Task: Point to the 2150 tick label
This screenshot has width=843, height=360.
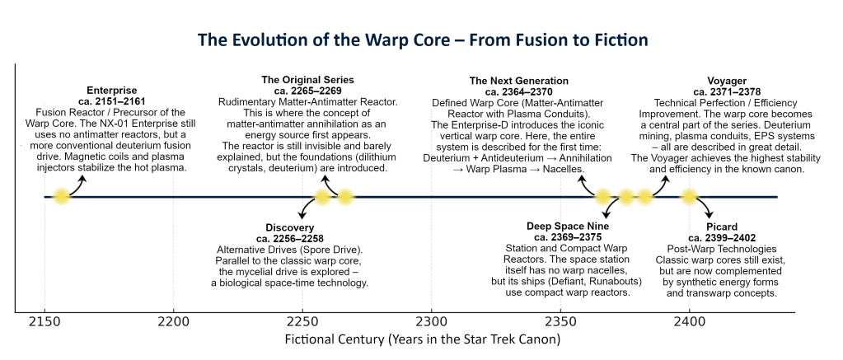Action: click(x=44, y=320)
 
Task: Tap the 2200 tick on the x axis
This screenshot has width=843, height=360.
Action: click(x=173, y=320)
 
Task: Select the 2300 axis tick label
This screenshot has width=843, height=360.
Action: click(x=431, y=320)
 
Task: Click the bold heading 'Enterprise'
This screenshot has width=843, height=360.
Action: click(x=111, y=89)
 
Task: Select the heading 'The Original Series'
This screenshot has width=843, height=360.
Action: click(x=307, y=80)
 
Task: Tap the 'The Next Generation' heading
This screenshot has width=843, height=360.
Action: click(x=518, y=81)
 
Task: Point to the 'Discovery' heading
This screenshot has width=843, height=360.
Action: click(x=289, y=227)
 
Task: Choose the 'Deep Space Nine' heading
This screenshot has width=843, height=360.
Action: click(x=568, y=227)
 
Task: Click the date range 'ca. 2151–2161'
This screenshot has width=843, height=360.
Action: click(x=111, y=100)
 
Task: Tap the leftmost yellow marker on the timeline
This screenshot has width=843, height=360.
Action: click(x=61, y=197)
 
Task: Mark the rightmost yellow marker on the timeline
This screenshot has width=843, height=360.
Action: click(x=688, y=197)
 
